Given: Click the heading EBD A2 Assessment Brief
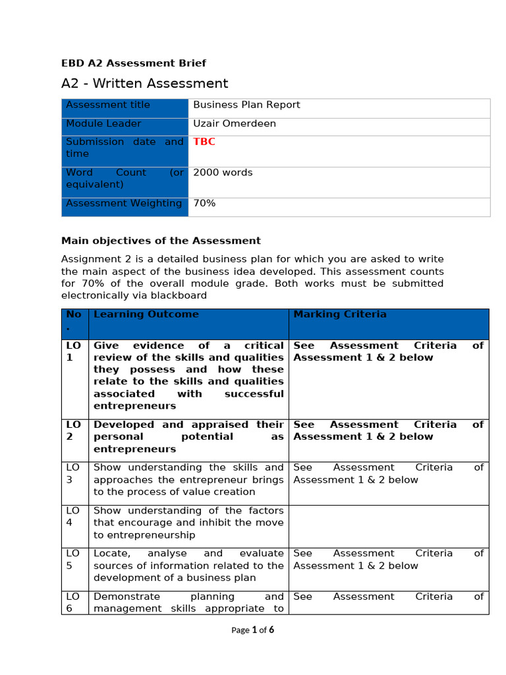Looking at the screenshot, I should coord(133,63).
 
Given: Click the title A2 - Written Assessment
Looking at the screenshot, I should coord(144,84).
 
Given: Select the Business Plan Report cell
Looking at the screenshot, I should coord(246,105).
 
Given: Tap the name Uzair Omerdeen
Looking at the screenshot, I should coord(235,123).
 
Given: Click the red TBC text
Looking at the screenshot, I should coord(204,142).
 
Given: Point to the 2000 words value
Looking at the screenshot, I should coord(223,173).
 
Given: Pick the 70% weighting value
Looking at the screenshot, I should coord(204,204).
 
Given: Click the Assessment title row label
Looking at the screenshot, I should coord(108,105).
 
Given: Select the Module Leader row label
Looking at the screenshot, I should coord(103,123).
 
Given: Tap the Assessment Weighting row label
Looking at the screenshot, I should coord(124,204).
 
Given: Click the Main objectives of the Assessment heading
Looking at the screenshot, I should coord(161,241).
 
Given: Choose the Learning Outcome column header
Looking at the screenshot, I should coord(146,314).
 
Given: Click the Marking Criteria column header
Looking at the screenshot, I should coord(340,314).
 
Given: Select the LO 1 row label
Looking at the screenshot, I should coord(74,351).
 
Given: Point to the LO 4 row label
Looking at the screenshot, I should coord(74,516).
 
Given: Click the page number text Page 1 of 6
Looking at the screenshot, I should coord(253,630).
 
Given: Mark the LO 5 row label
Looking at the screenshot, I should coord(74,559).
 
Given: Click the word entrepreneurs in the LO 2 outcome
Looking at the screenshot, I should coord(134,449).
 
